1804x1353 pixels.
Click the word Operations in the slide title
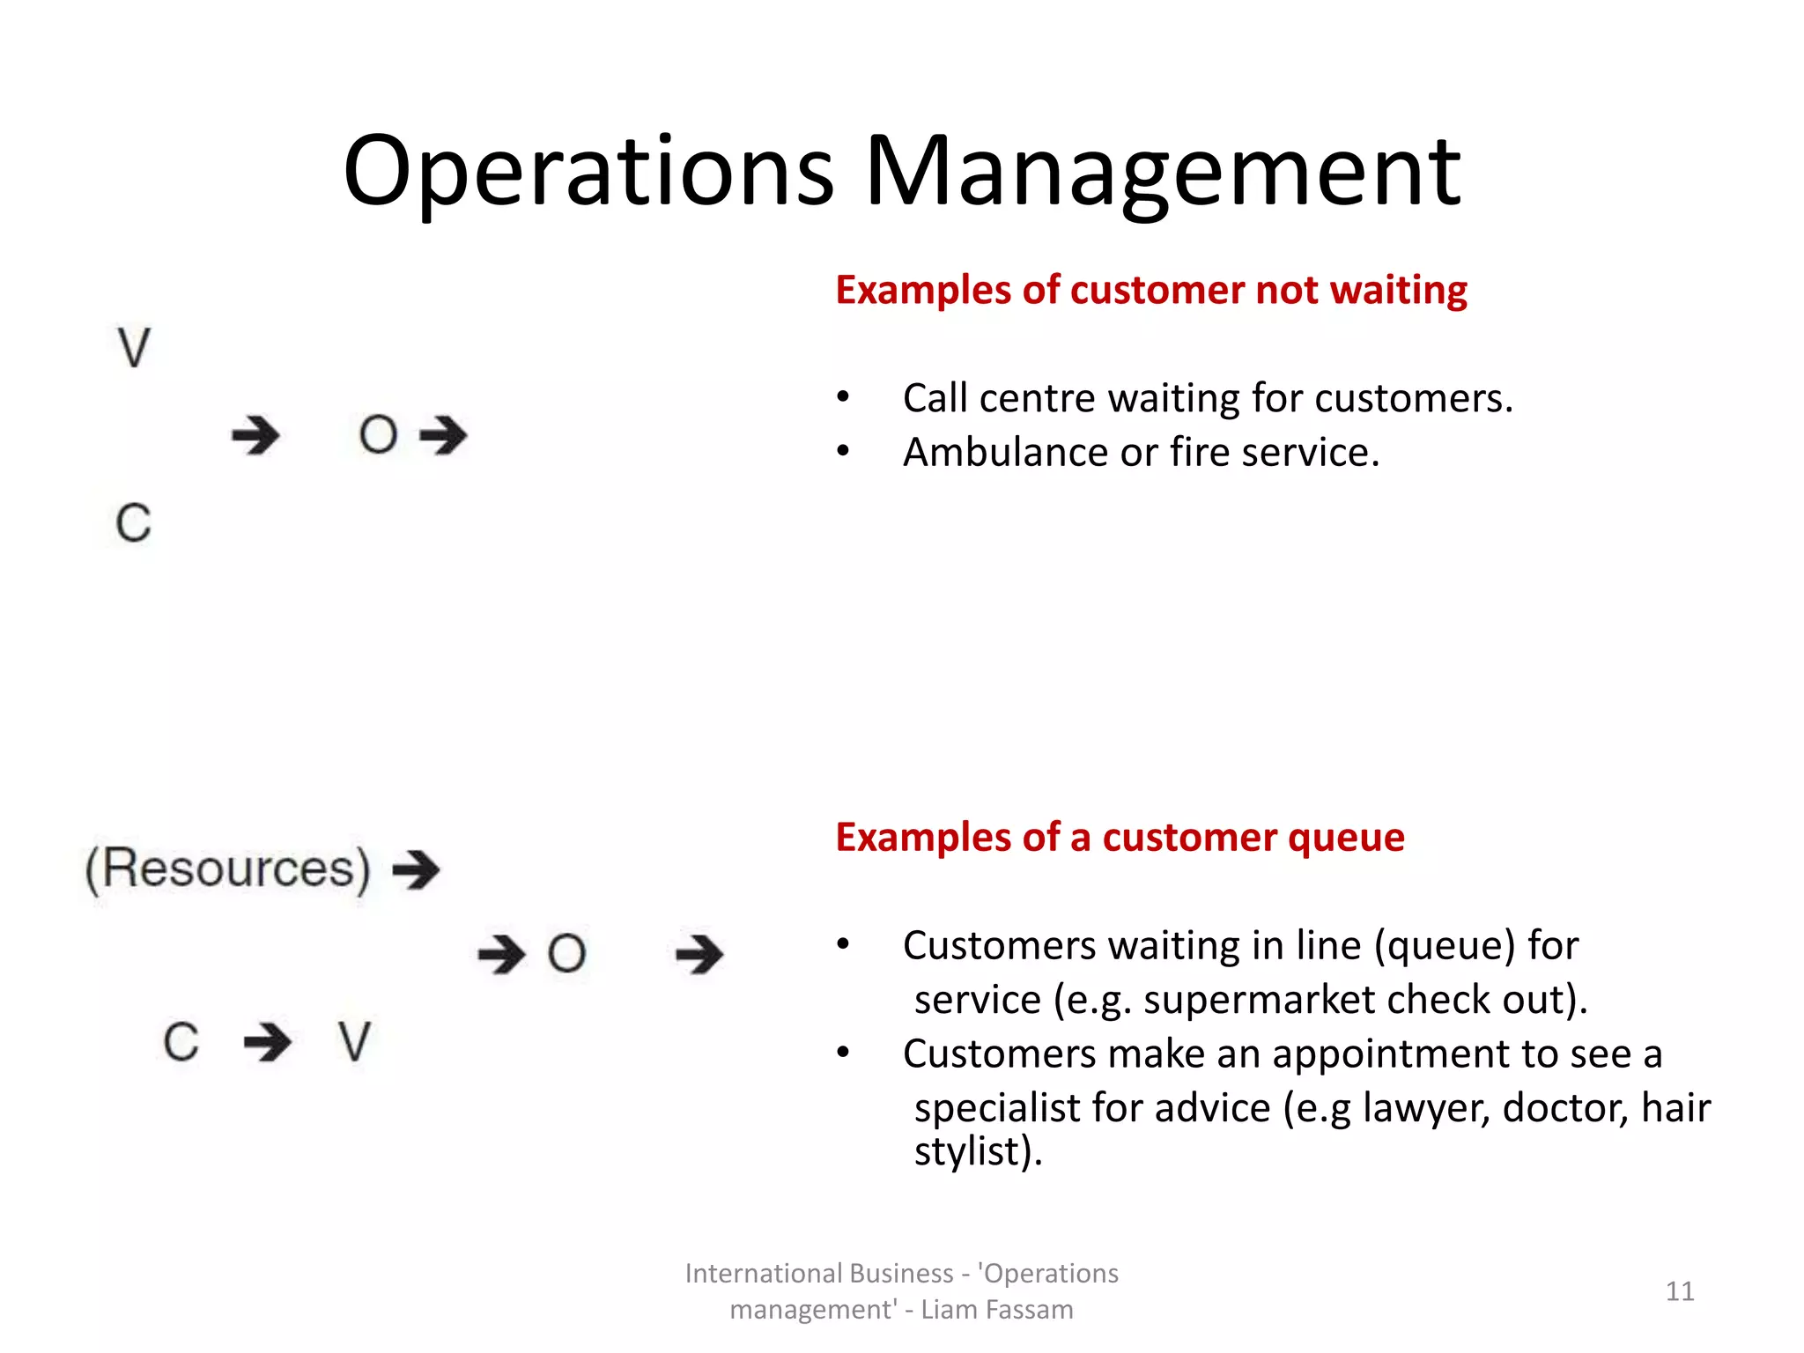point(588,172)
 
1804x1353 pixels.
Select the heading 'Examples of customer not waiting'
point(1150,290)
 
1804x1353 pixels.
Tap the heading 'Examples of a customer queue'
point(1120,837)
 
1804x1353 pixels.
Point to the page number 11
point(1680,1291)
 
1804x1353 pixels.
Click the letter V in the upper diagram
point(134,348)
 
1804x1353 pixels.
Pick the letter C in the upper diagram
point(134,523)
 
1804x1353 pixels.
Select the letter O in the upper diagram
point(378,435)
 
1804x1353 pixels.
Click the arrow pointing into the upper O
point(255,435)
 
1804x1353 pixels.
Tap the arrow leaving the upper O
point(443,435)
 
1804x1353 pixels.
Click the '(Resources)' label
point(227,869)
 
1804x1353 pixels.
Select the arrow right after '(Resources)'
point(416,870)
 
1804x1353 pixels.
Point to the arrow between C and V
point(268,1042)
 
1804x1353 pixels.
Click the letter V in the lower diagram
point(354,1042)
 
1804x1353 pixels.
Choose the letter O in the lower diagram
point(566,954)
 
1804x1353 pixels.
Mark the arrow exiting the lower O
point(699,954)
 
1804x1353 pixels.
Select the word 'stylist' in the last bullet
point(966,1151)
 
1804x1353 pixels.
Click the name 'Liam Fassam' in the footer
point(996,1310)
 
